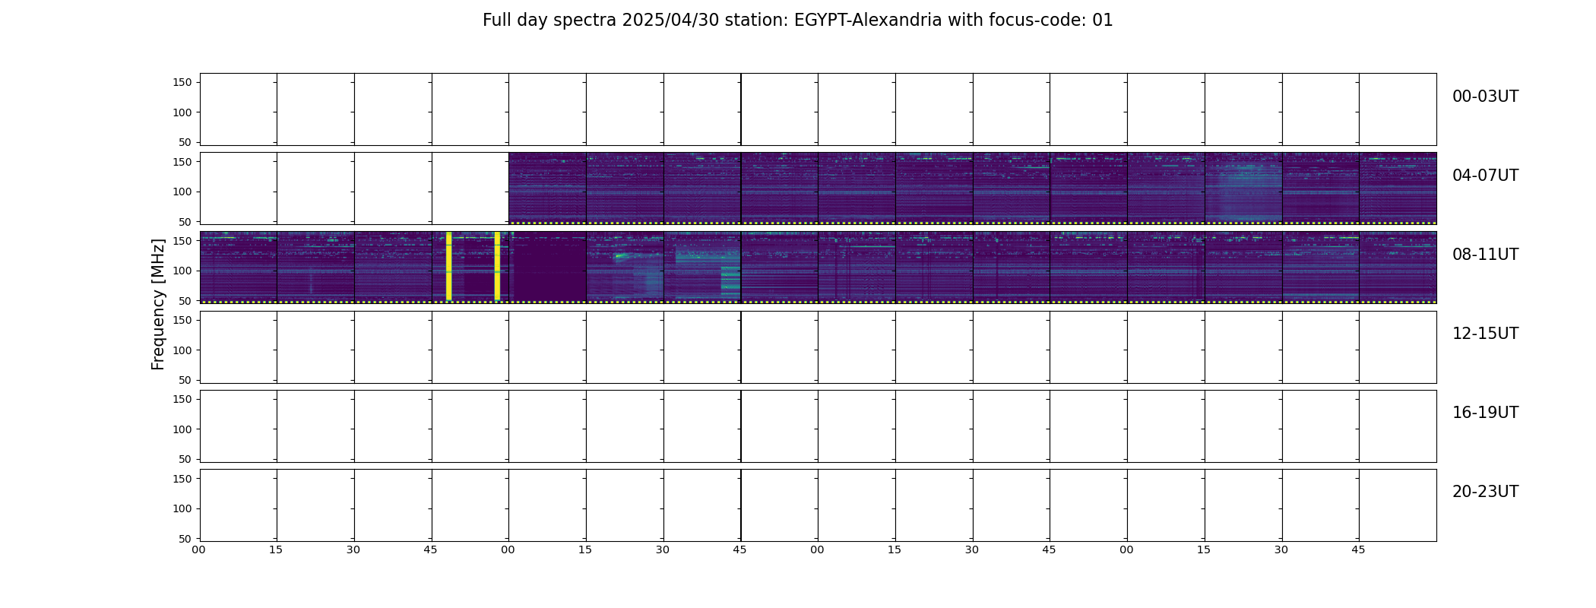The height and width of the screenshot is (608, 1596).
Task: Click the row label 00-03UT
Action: [1485, 97]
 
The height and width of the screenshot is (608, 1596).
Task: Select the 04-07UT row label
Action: [1485, 176]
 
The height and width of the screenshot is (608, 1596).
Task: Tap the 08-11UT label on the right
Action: [1485, 255]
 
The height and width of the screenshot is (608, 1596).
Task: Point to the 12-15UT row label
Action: [1485, 334]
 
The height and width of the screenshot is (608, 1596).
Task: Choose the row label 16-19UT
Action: [1485, 413]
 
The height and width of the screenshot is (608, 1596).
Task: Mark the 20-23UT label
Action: [1485, 492]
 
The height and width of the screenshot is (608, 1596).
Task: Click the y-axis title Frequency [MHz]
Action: [158, 305]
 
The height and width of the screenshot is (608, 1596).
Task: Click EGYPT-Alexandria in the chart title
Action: [868, 21]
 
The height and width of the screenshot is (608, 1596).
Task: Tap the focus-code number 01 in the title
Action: [1104, 21]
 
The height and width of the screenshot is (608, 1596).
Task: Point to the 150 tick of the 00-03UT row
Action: [183, 82]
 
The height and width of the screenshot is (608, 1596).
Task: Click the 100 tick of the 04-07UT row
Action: [183, 192]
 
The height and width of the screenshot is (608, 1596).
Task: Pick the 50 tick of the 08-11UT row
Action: [186, 301]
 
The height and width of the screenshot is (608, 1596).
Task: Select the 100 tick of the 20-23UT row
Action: [183, 508]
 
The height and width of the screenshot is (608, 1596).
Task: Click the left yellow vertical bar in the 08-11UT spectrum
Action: [448, 266]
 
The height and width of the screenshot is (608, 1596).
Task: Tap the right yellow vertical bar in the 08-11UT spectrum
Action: [497, 266]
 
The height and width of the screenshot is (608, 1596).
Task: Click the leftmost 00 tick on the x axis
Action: [199, 549]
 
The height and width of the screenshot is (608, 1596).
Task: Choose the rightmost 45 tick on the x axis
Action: [1359, 549]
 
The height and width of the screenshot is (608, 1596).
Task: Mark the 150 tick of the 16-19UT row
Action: [183, 399]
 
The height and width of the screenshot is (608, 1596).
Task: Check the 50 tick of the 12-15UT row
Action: [186, 380]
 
